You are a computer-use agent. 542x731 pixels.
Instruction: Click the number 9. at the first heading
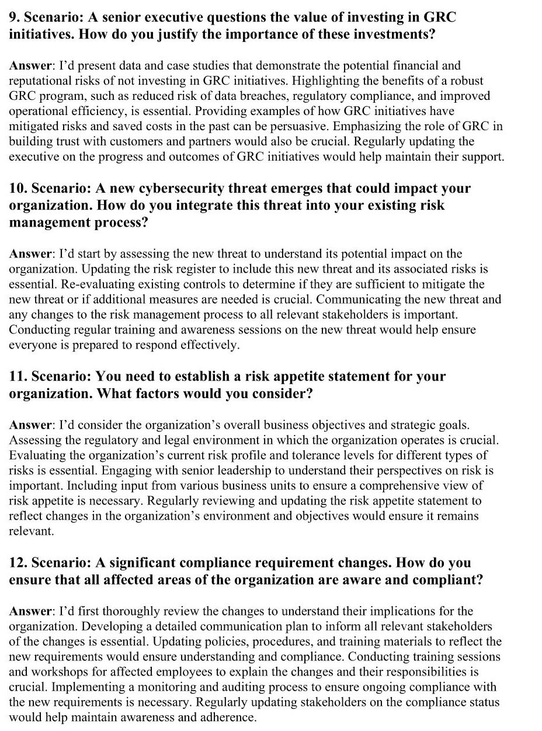click(x=15, y=18)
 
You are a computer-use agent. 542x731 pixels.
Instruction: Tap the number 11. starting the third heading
click(x=18, y=377)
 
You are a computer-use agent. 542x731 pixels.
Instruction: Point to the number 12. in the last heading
click(x=18, y=563)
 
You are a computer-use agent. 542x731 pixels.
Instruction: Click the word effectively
click(x=209, y=345)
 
